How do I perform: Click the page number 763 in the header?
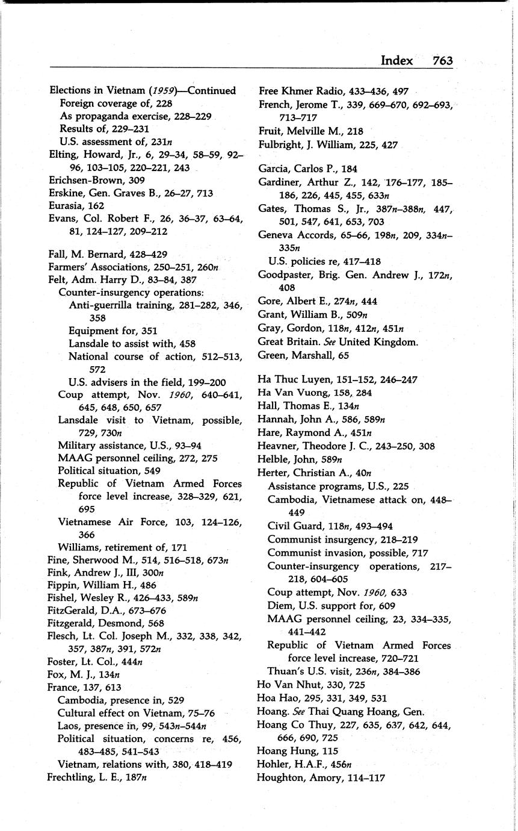coord(442,60)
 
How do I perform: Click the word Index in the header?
coord(396,60)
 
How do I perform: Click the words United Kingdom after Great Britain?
coord(378,342)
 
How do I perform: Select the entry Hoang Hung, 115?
coord(297,751)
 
